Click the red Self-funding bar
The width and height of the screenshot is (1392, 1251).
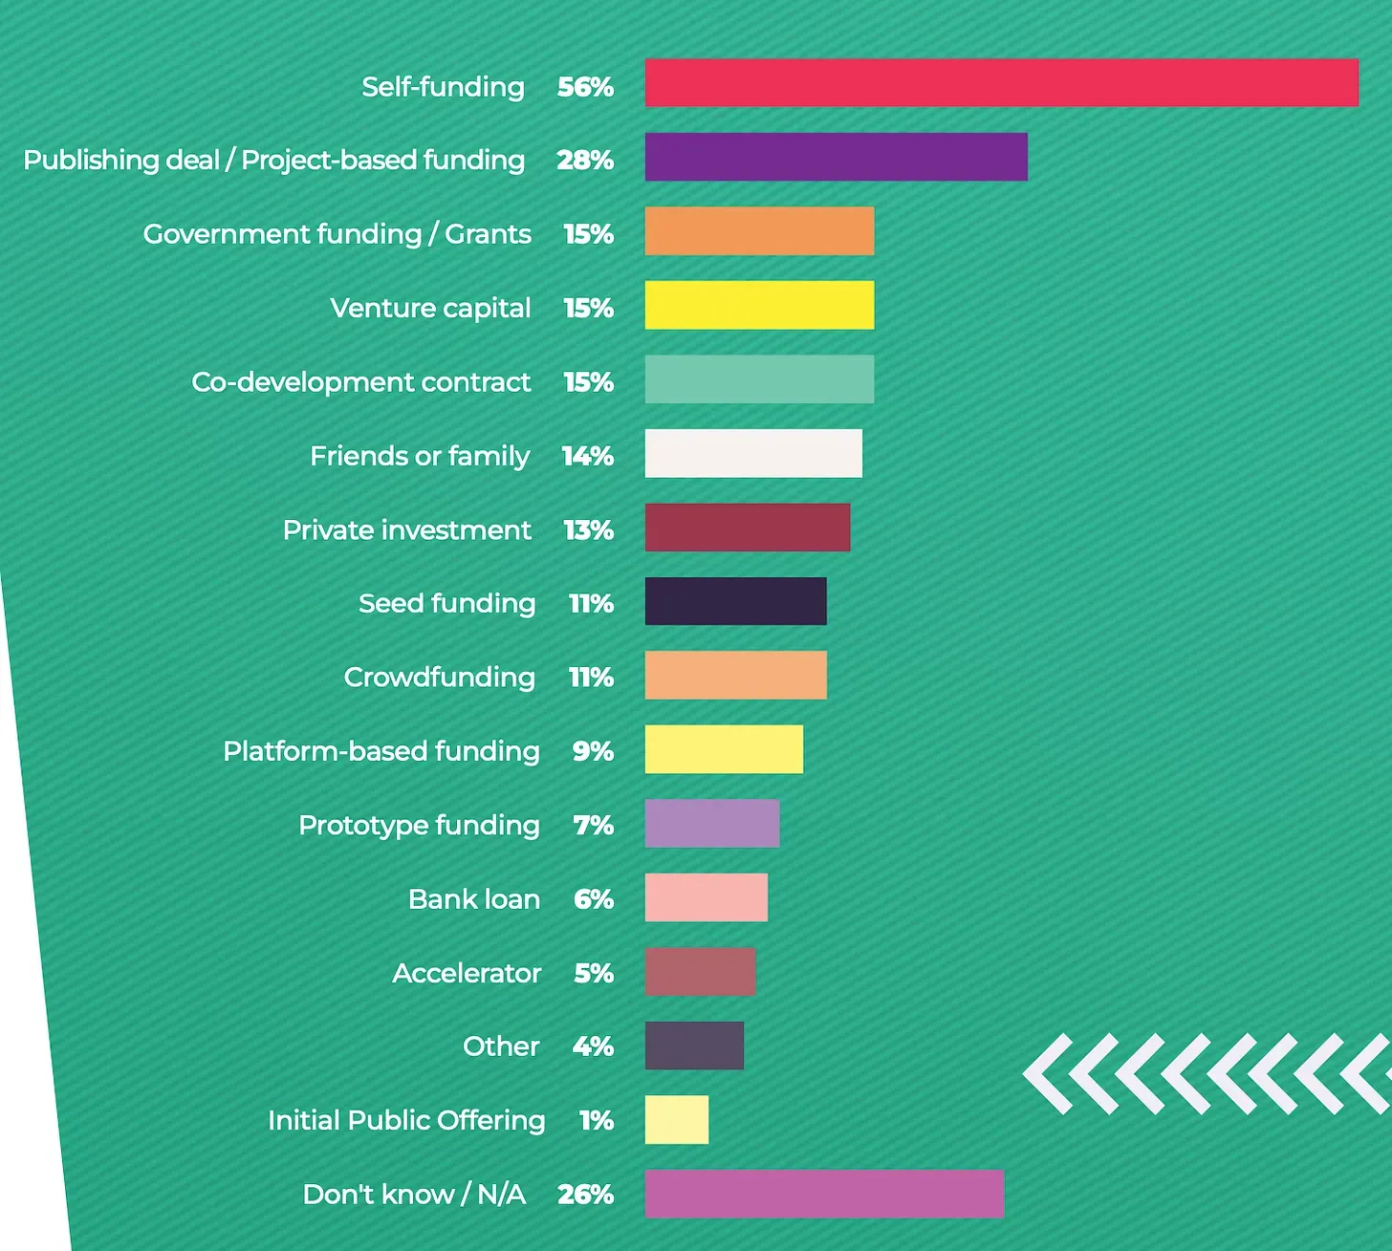coord(1001,83)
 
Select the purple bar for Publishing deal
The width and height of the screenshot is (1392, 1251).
coord(836,157)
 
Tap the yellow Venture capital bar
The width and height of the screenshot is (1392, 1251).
coord(759,305)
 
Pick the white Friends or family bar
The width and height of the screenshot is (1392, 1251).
coord(753,453)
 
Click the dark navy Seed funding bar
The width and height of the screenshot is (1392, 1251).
coord(735,601)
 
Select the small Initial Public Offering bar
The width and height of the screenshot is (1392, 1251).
coord(677,1119)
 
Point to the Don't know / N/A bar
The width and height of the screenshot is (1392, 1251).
coord(824,1194)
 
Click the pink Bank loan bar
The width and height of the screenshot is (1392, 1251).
coord(706,897)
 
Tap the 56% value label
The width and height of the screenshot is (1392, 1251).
coord(585,87)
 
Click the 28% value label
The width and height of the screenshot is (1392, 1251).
coord(585,161)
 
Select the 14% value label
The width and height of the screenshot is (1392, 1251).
coord(587,456)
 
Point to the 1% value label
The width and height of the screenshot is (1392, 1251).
coord(596,1120)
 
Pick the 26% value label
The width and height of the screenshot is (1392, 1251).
coord(585,1195)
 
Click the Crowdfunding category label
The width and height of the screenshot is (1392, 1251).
coord(439,678)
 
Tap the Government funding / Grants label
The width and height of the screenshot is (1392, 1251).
coord(337,234)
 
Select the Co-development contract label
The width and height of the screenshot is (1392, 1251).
coord(360,382)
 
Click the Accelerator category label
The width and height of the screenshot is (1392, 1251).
coord(467,973)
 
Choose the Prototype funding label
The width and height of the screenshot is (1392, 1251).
coord(419,826)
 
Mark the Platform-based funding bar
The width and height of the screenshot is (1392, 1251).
coord(724,749)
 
